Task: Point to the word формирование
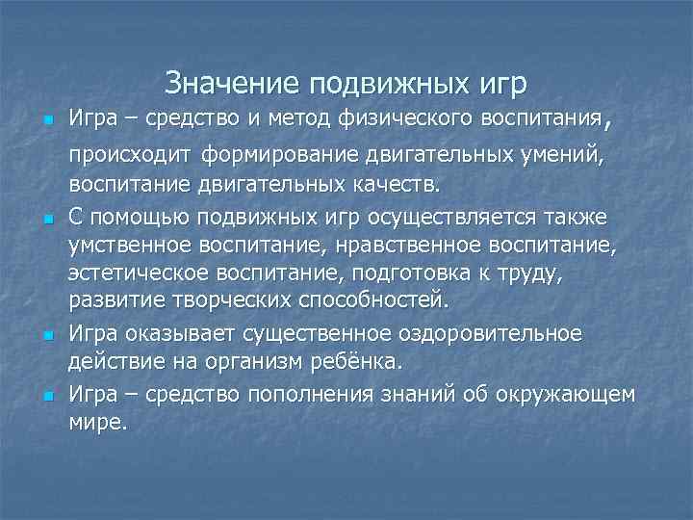276,156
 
